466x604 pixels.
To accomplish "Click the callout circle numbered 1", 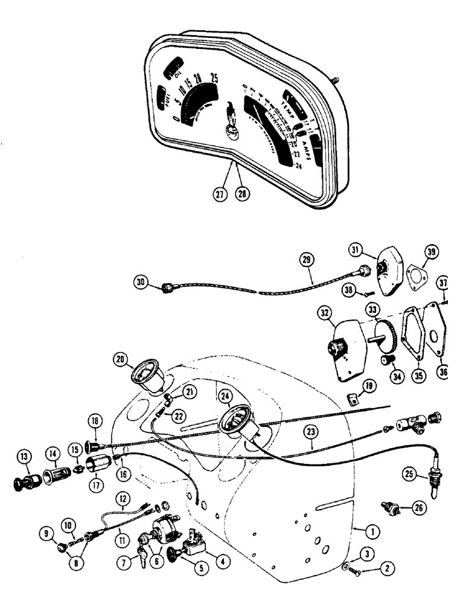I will pos(372,532).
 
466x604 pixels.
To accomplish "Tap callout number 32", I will pos(326,313).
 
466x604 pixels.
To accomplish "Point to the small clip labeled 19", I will pos(353,399).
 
